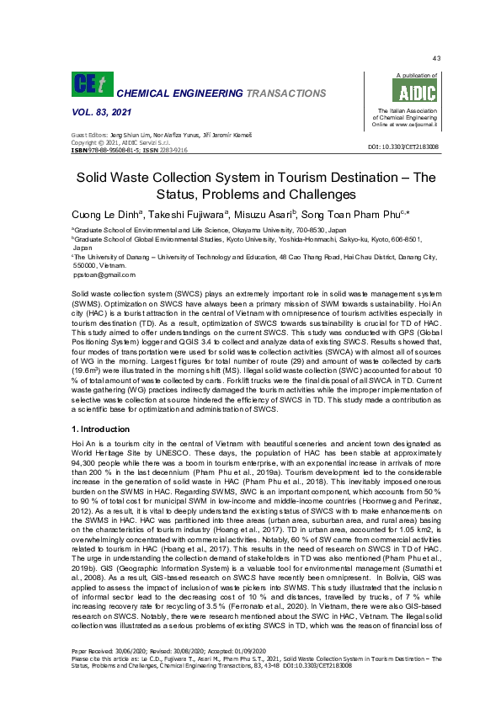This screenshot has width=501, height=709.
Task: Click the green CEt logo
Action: click(88, 83)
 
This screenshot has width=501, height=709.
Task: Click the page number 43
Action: click(436, 58)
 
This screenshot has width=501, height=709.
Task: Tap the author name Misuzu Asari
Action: click(256, 215)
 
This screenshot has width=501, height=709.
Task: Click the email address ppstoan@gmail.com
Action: click(104, 275)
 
